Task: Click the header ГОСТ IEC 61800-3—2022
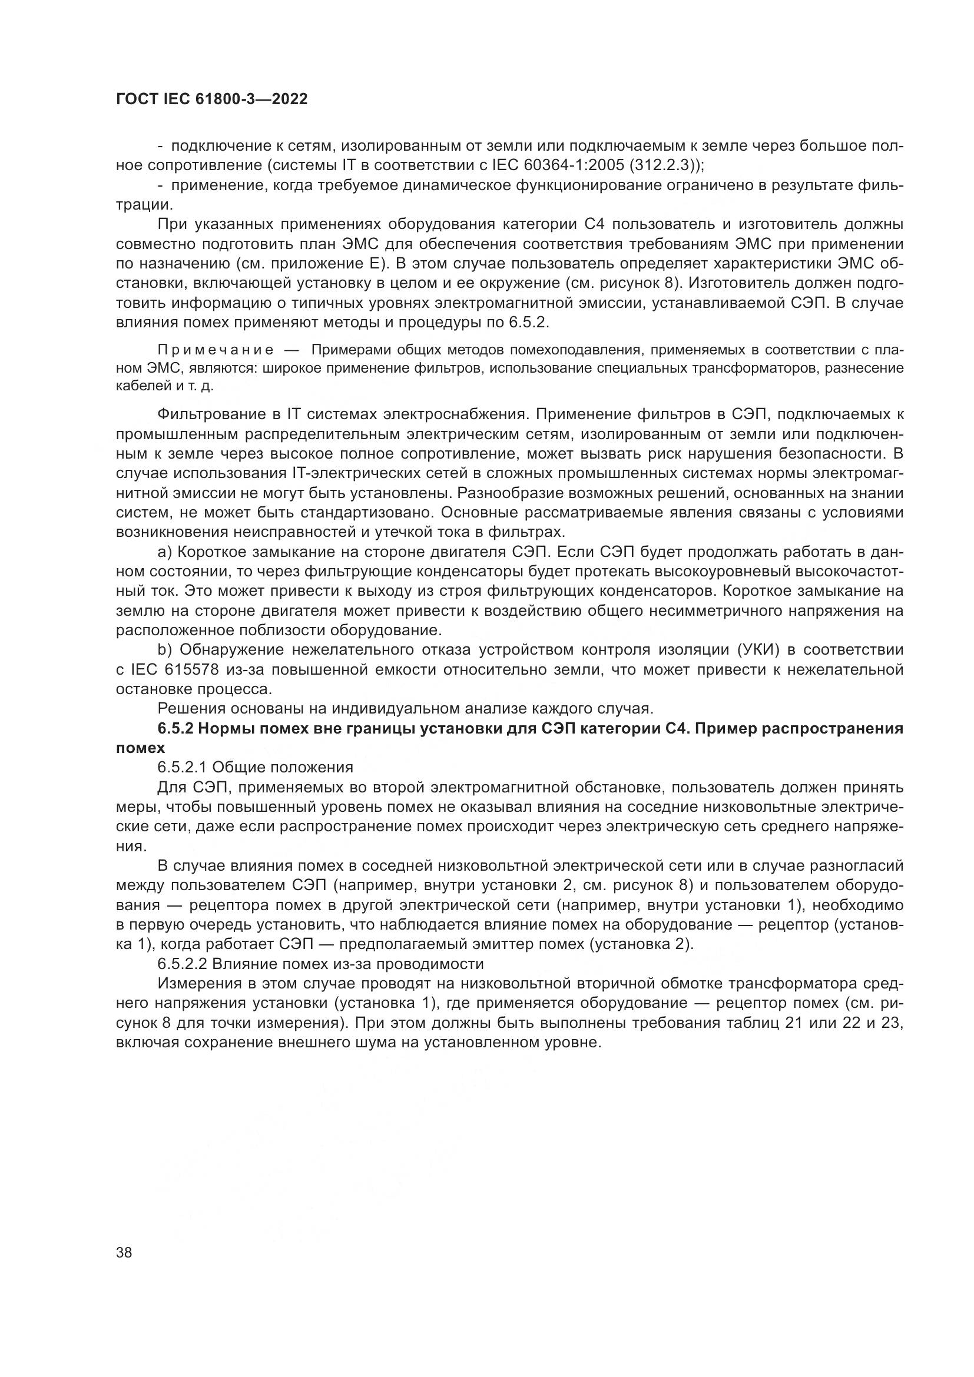(x=211, y=99)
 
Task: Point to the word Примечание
(x=216, y=350)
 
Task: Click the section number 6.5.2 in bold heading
(x=175, y=729)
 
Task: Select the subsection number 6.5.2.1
(x=183, y=768)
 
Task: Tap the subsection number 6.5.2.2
(x=183, y=964)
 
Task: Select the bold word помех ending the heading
(x=140, y=748)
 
